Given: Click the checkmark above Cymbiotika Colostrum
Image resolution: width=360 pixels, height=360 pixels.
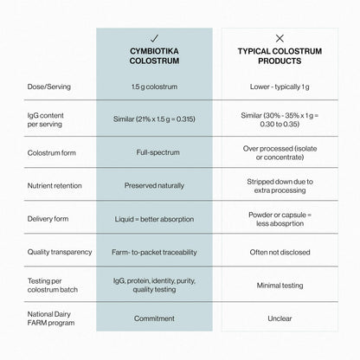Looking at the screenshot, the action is point(155,38).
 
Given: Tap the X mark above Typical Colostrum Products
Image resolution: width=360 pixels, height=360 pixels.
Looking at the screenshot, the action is point(280,38).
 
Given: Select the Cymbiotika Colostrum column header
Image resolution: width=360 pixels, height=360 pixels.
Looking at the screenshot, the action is point(154,56).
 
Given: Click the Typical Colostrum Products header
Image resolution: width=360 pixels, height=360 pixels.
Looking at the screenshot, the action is point(280,56).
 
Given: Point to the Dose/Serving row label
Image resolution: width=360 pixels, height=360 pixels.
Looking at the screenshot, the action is point(49,87).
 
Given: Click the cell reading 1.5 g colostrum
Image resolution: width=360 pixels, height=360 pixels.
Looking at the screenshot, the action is point(154,87).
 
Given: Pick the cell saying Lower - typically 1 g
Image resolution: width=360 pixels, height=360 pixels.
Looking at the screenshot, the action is point(280,87).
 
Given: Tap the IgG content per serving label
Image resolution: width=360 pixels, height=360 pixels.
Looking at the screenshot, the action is point(45,119).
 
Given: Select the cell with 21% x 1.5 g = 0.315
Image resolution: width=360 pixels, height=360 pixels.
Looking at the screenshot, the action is point(154,119).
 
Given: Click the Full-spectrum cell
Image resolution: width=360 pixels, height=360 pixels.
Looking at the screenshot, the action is point(157,152).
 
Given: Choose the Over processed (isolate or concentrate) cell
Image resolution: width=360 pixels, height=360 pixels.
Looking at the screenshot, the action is point(280,153).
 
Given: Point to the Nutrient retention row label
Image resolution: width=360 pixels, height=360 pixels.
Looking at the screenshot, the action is point(55,185).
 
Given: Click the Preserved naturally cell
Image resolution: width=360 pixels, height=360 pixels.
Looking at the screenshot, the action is point(154,185).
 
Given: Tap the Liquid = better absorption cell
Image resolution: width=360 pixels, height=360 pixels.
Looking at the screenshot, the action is point(154,219).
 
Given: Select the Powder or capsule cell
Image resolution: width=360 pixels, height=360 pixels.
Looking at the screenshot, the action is point(280,219).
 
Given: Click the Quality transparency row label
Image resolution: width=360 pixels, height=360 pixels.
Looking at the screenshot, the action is point(60,252).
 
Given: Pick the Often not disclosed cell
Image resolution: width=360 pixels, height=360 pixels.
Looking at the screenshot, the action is point(280,252).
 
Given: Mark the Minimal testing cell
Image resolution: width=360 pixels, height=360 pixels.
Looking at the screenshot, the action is point(280,286).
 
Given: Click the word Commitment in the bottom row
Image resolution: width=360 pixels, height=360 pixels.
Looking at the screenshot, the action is point(154,318).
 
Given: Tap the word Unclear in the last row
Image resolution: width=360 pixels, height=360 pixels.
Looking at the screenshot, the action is point(280,318).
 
